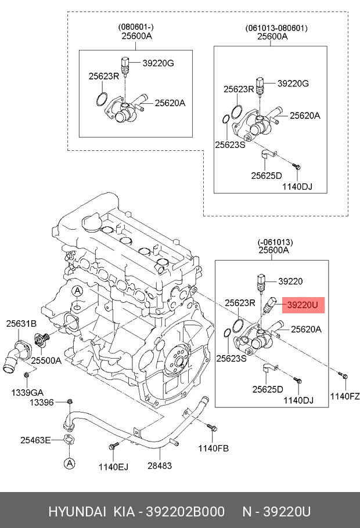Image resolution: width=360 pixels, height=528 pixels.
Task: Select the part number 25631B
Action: pos(21,324)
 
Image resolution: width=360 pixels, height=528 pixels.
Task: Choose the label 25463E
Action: pos(35,440)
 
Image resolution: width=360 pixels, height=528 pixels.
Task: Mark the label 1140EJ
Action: pos(112,465)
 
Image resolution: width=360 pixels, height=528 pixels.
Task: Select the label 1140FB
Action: pos(214,448)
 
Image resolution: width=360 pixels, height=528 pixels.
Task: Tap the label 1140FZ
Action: pos(345,397)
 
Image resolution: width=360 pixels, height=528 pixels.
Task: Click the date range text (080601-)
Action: pos(136,27)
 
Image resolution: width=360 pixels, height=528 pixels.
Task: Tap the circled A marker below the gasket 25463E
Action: pos(69,463)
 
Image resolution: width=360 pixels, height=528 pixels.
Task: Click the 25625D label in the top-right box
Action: pos(267,175)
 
